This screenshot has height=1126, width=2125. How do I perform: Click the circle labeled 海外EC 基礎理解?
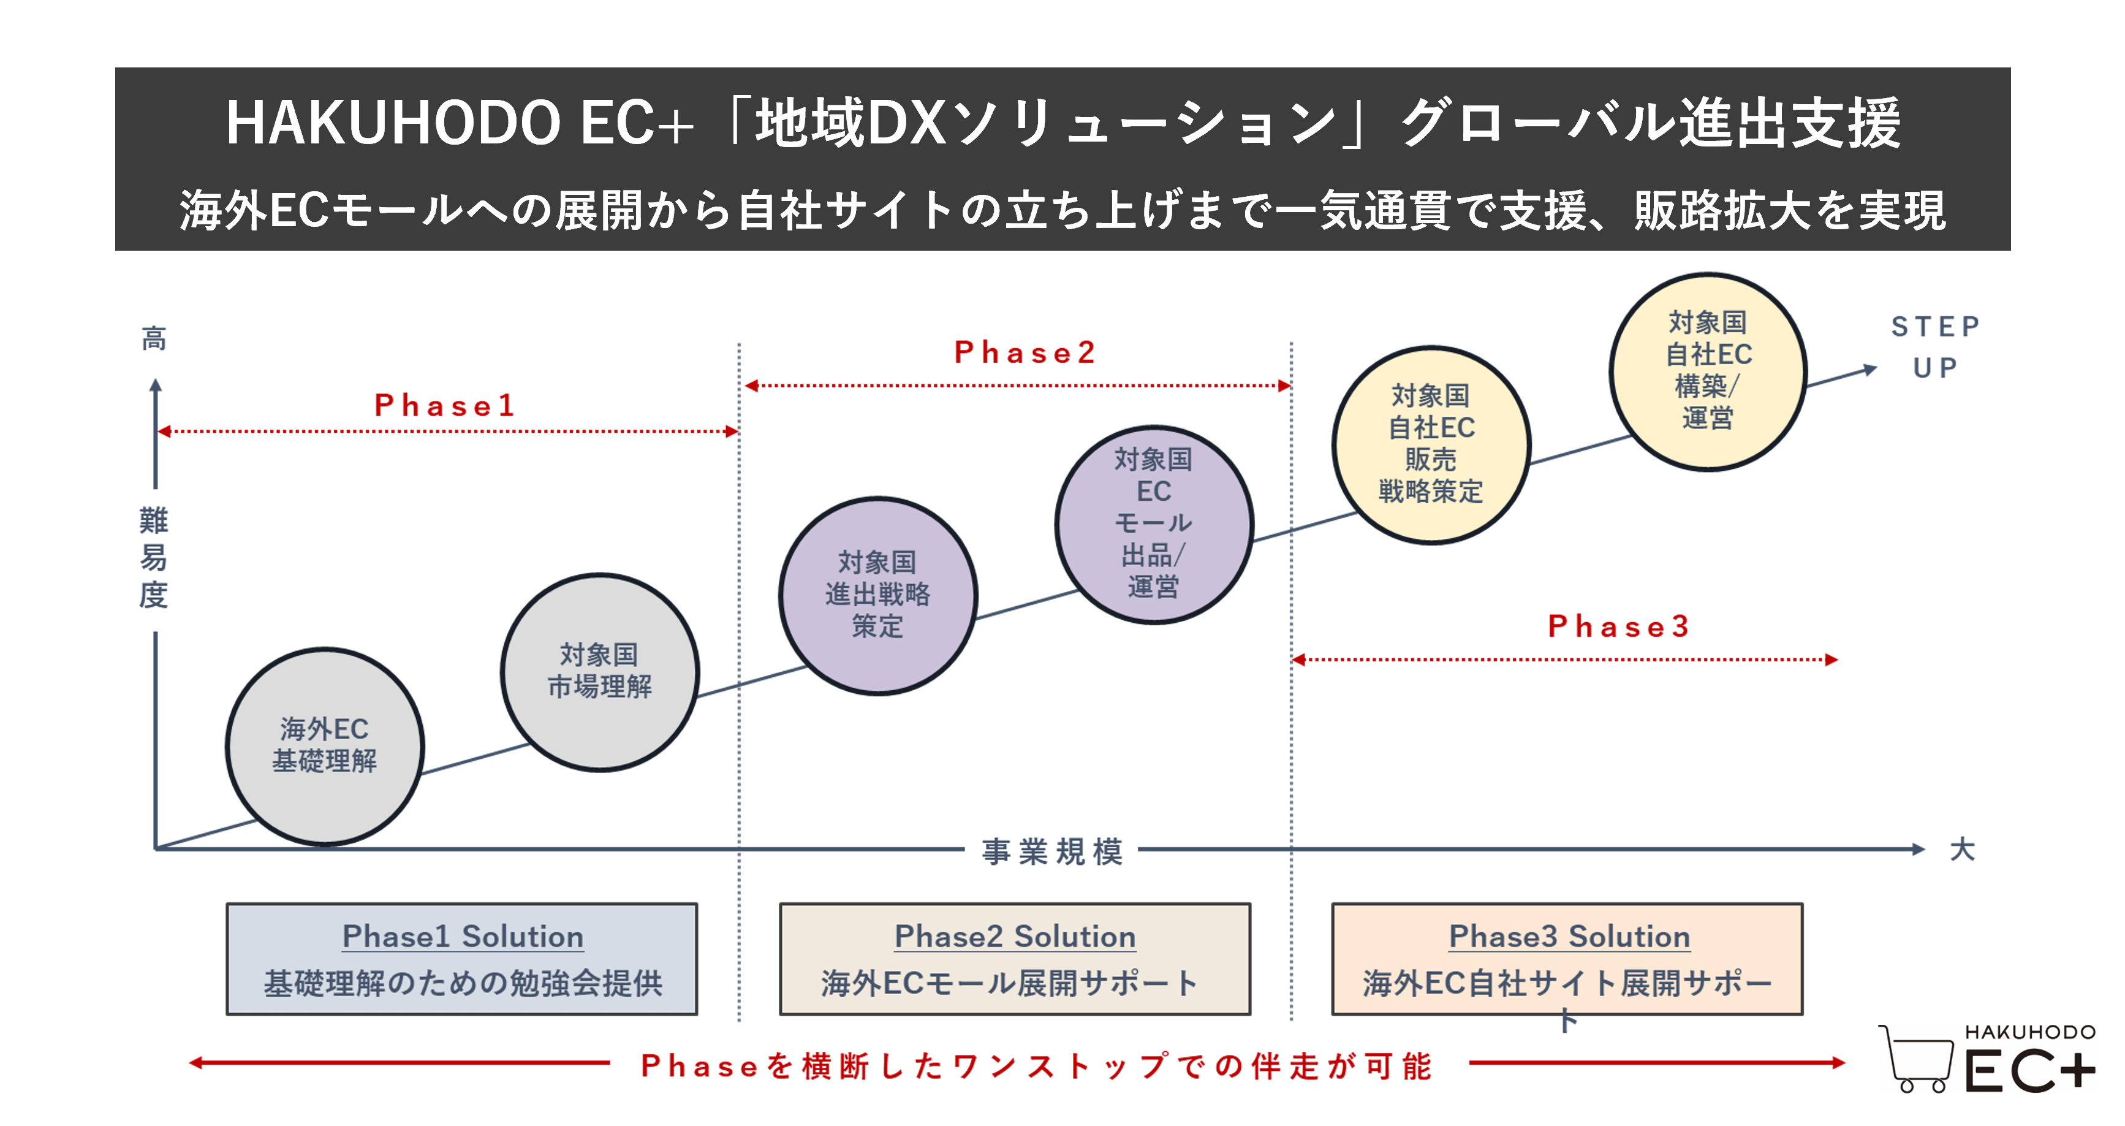325,747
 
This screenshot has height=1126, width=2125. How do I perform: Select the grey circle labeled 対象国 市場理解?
600,672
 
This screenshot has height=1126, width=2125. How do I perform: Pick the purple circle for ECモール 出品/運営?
1154,525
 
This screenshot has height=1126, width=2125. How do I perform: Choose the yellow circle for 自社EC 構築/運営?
1708,371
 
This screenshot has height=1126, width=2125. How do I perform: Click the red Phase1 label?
445,406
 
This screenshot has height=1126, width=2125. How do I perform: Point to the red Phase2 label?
1025,353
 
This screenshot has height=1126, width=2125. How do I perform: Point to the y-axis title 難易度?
153,558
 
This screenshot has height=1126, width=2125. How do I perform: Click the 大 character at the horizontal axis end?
1961,850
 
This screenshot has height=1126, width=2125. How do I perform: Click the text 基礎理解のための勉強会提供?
463,983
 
